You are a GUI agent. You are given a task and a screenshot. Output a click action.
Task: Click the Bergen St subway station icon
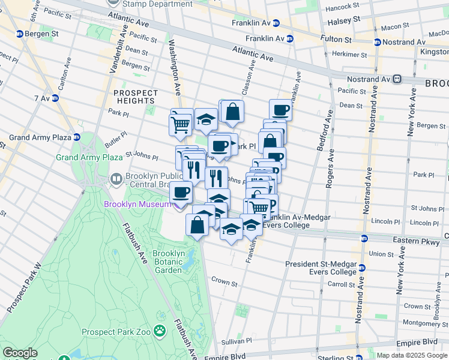tap(20, 34)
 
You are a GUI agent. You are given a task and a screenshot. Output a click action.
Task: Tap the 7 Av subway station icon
tap(55, 98)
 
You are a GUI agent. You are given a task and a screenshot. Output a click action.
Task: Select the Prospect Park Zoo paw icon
tap(160, 331)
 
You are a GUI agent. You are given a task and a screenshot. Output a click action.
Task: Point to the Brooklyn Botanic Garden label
tap(167, 262)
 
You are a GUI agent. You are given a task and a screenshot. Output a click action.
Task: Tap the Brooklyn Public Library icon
tap(116, 179)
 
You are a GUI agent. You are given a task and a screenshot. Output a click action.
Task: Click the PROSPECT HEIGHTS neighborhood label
tap(135, 97)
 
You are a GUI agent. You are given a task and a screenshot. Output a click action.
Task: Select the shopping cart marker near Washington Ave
tap(181, 125)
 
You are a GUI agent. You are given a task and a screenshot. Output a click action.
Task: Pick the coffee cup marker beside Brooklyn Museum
tap(181, 193)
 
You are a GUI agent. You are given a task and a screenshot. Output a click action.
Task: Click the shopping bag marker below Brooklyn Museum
tap(197, 225)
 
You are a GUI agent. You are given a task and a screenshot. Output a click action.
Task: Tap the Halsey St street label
tap(343, 19)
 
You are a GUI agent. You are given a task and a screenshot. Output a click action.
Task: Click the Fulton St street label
tap(339, 40)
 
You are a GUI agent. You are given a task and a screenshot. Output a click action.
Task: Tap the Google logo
tap(20, 353)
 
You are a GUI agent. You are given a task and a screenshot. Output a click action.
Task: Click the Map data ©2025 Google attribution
tap(412, 355)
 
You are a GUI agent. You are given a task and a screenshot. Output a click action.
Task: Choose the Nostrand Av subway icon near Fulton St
tap(377, 42)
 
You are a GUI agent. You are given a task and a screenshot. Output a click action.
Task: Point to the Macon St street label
tap(394, 27)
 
